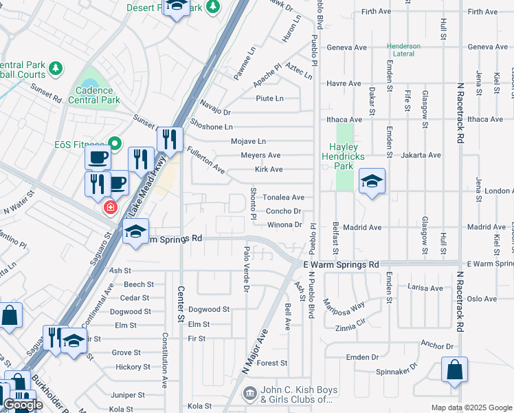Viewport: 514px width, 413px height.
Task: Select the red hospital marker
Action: [x=109, y=206]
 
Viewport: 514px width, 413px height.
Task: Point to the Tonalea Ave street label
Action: [x=282, y=197]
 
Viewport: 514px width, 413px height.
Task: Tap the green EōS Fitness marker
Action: [x=115, y=144]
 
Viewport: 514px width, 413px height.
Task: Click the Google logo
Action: [x=23, y=405]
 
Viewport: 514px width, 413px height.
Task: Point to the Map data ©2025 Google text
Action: [x=472, y=407]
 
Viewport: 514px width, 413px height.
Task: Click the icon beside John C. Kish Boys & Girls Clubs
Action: [x=249, y=394]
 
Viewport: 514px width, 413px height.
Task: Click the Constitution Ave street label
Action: [x=165, y=362]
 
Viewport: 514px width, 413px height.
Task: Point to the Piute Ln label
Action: [x=269, y=98]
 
